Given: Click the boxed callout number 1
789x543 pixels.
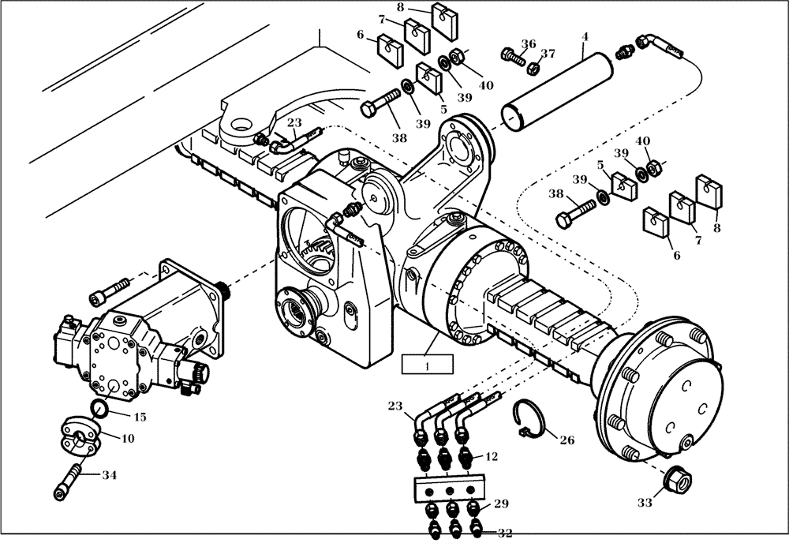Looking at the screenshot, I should [427, 365].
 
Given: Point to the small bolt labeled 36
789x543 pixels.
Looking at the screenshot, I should [513, 56].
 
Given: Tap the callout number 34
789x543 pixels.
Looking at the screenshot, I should [109, 475].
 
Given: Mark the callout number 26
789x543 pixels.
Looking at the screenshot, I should [567, 440].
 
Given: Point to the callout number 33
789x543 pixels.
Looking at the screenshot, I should [645, 501].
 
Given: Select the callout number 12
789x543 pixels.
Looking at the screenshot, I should [492, 456].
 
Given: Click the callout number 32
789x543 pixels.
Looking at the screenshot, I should [504, 534].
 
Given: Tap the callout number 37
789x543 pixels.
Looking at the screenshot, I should [548, 54].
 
